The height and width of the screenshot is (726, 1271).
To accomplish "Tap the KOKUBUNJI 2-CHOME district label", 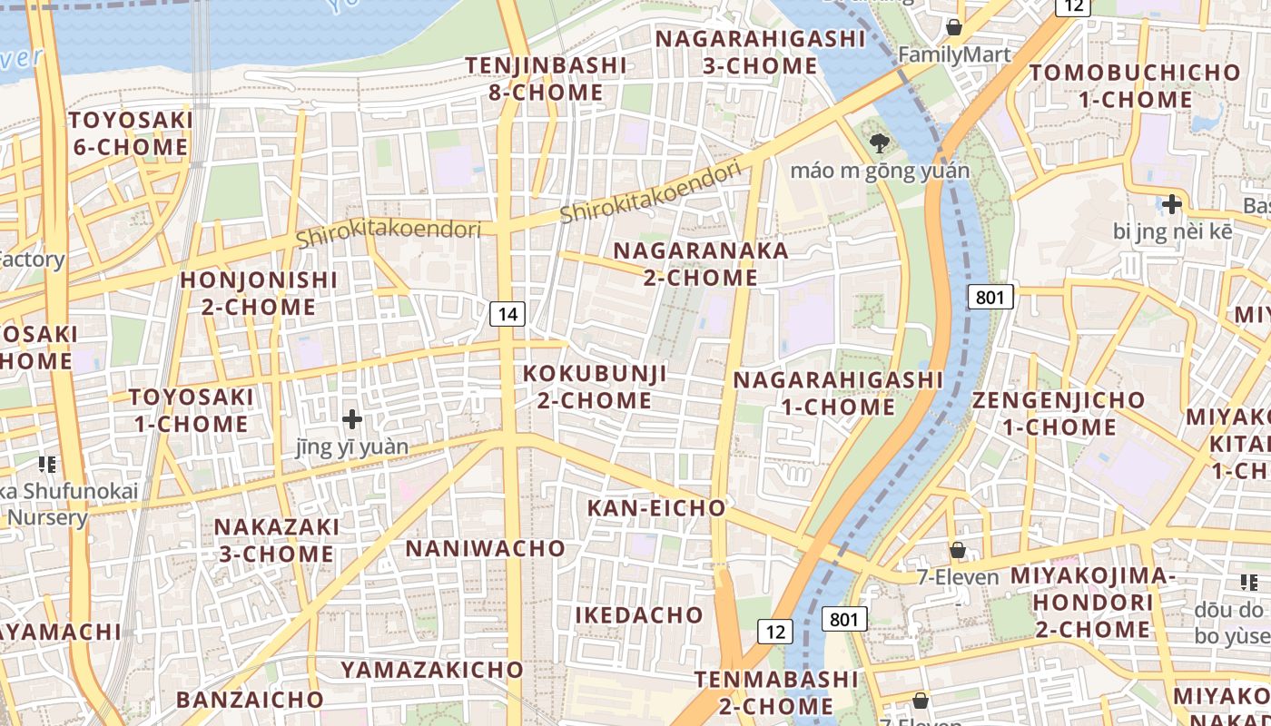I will pos(595,387).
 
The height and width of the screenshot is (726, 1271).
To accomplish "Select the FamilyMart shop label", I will pos(953,54).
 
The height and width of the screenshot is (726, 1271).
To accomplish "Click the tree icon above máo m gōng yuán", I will pos(878,143).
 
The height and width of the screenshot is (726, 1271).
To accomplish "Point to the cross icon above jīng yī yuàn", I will pos(352,419).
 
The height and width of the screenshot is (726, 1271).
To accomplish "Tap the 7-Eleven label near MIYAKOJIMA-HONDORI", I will pos(957,577).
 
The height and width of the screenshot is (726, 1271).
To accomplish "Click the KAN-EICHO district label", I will pos(656,508).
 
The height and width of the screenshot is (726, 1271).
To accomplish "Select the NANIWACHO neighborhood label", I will pos(485,548).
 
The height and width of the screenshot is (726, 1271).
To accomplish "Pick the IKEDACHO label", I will pos(639,614).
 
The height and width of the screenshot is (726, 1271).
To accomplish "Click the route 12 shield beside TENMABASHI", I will pos(775,632).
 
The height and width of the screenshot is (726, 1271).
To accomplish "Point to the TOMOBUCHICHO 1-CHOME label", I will pos(1135,85).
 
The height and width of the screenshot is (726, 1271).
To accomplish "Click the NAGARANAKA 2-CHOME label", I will pos(700,264).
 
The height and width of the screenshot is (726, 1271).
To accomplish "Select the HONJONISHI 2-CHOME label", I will pos(259,293).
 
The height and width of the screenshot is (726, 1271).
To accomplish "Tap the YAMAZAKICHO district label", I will pos(432,670).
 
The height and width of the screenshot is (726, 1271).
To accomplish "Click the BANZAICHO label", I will pos(250,699).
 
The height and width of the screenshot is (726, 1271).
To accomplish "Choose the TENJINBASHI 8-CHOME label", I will pos(546,79).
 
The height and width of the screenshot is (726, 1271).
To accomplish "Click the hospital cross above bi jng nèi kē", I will pos(1172,204).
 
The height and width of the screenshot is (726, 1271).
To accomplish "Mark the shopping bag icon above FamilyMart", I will pos(953,27).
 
